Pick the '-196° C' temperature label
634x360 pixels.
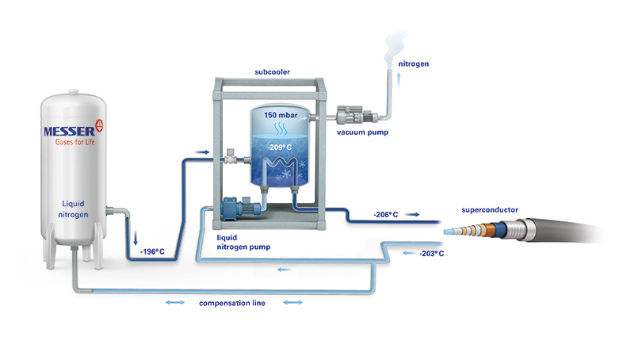click(x=153, y=252)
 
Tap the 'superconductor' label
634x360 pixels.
click(x=491, y=209)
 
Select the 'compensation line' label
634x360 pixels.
click(x=233, y=303)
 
